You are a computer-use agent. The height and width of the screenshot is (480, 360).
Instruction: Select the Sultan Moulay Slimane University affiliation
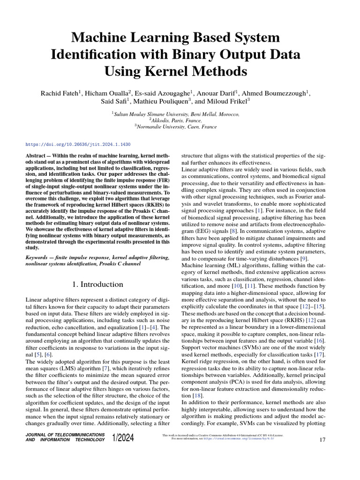pyautogui.click(x=175, y=114)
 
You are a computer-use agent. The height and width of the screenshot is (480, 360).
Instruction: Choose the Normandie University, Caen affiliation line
pyautogui.click(x=175, y=127)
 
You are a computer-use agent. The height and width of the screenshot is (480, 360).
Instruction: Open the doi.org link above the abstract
pyautogui.click(x=77, y=145)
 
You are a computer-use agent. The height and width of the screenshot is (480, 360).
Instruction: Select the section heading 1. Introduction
pyautogui.click(x=97, y=285)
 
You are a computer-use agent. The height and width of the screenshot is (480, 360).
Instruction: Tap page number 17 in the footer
pyautogui.click(x=322, y=440)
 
